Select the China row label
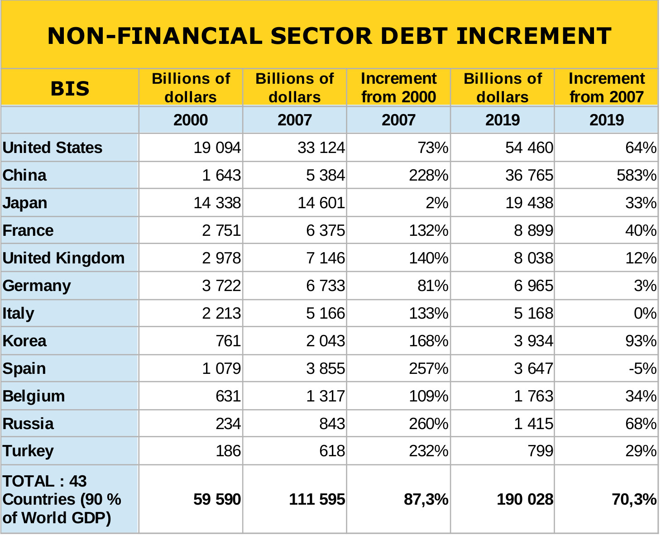24,175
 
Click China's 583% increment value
637,175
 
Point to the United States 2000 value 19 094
217,148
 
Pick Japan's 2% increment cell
437,203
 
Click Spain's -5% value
643,368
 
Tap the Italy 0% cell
645,313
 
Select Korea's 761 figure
228,341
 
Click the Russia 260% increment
429,424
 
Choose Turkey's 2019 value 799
540,451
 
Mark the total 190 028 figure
525,500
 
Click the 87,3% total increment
426,500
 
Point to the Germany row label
37,286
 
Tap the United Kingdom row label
63,258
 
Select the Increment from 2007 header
607,87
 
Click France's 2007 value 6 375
326,230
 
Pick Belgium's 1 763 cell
533,396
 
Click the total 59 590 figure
217,500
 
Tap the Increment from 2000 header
399,87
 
